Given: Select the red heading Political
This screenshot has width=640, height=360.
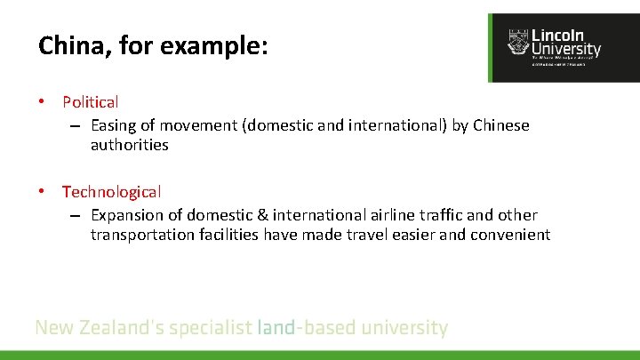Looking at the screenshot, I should coord(90,102).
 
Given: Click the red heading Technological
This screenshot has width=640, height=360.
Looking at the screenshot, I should coord(111,191).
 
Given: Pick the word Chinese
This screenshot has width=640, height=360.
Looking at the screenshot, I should coord(500,125).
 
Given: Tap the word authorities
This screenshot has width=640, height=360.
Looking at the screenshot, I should coord(129,145).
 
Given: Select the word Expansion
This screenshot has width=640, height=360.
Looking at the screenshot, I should coord(126,214).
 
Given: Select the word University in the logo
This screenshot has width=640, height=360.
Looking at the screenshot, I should coord(565,50).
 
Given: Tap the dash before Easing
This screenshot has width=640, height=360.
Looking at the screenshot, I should coord(77,125).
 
